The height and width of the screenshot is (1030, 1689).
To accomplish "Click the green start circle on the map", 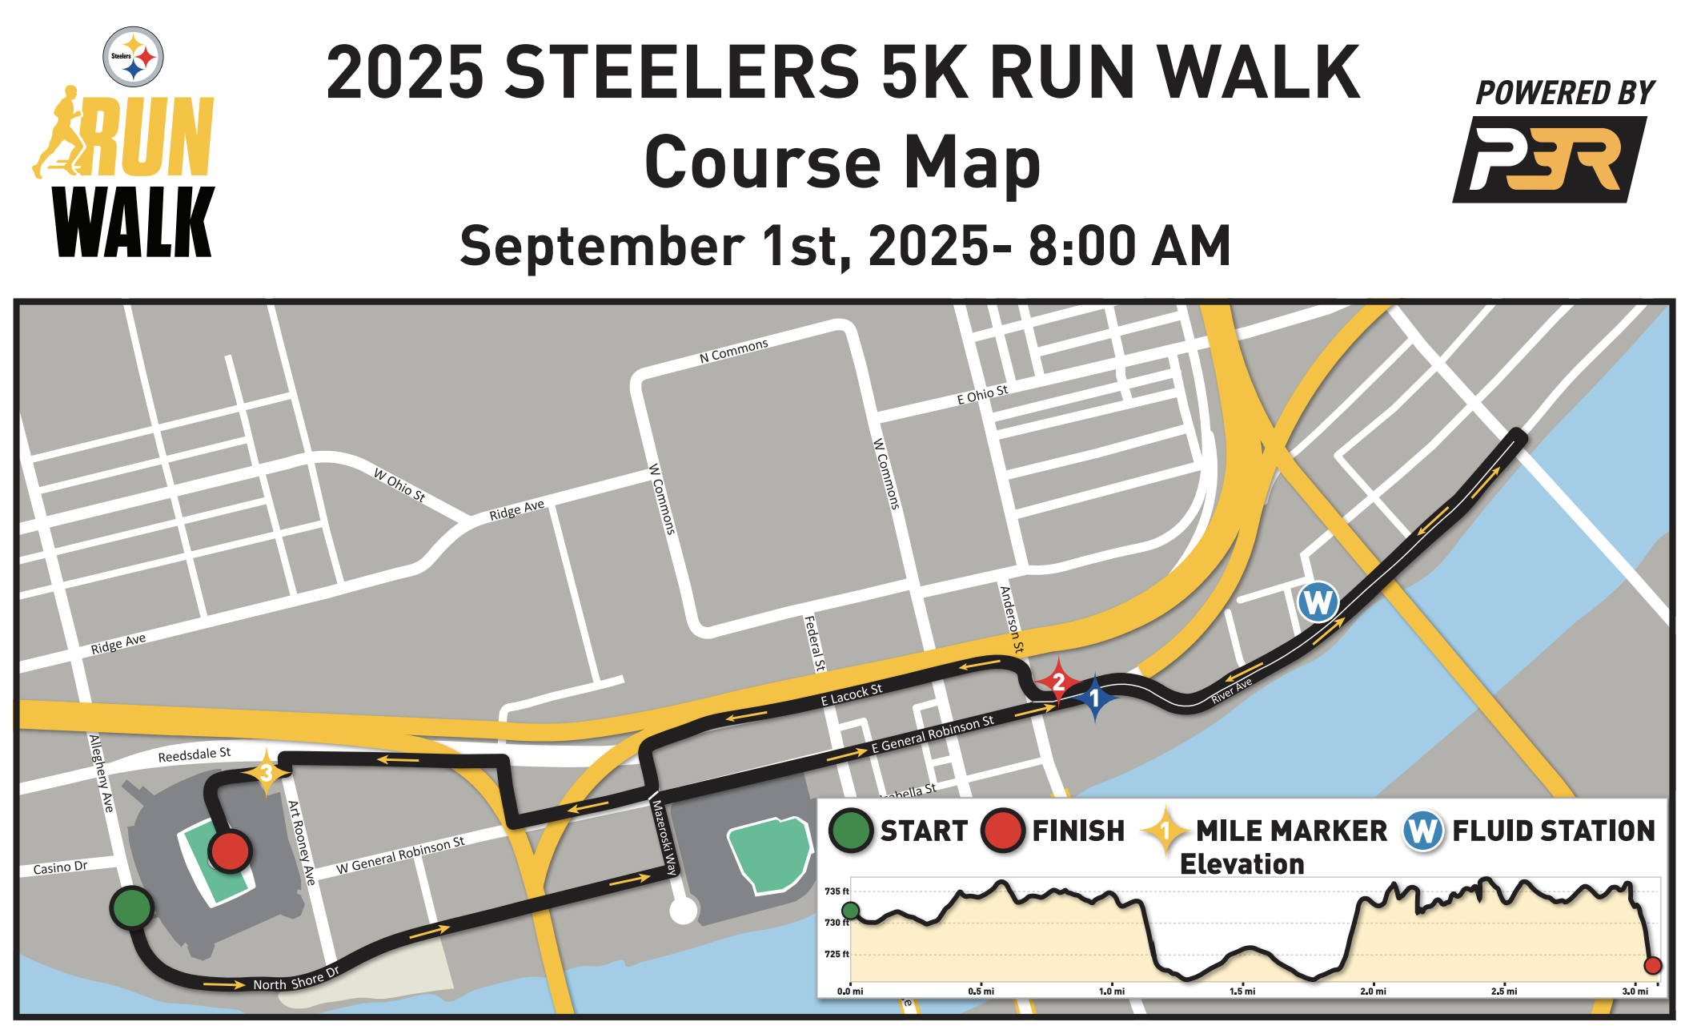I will pos(132,907).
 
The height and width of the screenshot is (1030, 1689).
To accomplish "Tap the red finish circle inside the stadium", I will pos(230,851).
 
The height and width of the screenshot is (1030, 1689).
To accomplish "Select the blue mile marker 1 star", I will pos(1094,698).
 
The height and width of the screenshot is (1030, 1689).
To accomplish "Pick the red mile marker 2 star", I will pos(1058,682).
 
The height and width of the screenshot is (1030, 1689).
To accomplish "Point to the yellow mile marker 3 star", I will pos(266,773).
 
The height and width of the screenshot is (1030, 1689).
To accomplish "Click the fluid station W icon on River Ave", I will pos(1318,602).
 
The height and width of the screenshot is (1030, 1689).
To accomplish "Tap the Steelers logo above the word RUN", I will pos(134,57).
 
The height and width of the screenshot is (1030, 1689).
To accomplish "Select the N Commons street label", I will pos(733,351).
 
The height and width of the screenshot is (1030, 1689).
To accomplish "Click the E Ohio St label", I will pos(982,395).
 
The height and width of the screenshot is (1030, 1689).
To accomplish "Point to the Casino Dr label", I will pos(60,867).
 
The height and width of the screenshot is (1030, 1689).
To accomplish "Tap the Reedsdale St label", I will pos(194,754).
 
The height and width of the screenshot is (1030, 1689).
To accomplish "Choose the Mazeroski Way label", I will pos(664,837).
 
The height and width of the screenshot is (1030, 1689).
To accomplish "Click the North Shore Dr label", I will pos(296,980).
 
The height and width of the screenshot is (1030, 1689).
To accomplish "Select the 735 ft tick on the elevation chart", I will pos(836,891).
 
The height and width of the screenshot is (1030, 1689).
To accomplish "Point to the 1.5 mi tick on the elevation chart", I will pos(1242,991).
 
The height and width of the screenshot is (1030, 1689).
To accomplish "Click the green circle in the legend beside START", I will pos(850,831).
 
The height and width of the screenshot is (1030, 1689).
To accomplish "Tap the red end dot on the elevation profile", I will pos(1653,965).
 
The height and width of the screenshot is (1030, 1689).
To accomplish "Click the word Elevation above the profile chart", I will pos(1242,864).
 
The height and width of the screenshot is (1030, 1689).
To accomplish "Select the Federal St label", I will pos(814,642).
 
